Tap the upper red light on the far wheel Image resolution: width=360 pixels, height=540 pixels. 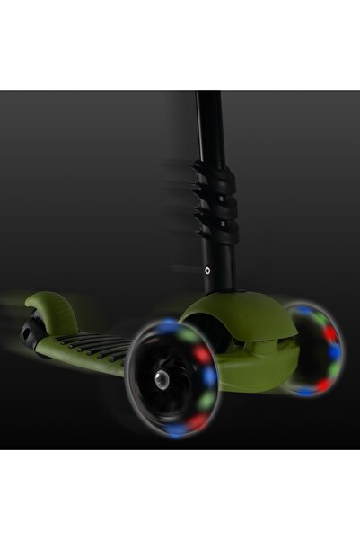point(329,334)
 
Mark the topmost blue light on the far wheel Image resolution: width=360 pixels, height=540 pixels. point(304,311)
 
